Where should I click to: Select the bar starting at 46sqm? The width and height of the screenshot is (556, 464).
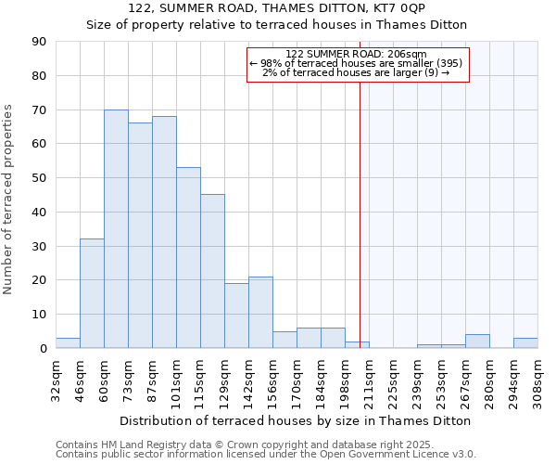[92, 293]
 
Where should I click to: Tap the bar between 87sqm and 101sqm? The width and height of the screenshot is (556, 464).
[164, 232]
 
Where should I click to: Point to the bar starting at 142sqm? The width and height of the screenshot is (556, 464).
[260, 312]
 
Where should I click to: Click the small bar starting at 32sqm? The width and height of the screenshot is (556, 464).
[68, 343]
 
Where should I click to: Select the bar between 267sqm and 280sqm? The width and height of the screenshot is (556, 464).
[477, 342]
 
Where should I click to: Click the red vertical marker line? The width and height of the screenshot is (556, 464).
[360, 204]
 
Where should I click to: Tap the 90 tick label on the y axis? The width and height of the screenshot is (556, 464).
[39, 42]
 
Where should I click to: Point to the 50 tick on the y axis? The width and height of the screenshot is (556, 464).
[39, 178]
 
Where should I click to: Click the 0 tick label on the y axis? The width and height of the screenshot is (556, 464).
[43, 349]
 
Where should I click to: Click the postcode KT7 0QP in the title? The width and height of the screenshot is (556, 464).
[367, 8]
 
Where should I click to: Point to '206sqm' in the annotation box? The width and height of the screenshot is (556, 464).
[407, 54]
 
